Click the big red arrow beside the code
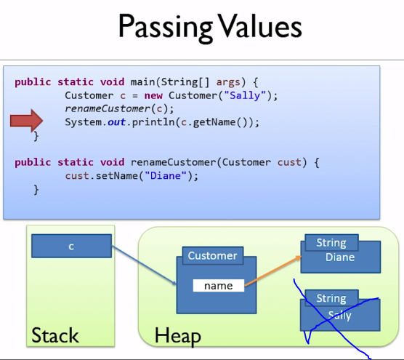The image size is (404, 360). (27, 121)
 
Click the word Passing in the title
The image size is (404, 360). (166, 27)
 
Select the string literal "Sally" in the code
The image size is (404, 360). (245, 96)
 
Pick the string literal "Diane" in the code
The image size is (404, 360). (166, 176)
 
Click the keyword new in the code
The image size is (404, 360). (153, 96)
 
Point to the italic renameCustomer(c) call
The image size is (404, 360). (119, 109)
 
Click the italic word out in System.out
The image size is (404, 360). (116, 122)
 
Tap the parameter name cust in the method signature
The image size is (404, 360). (289, 162)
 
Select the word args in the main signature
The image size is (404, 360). (228, 82)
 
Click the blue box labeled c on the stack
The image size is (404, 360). (72, 246)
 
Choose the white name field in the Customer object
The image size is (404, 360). (219, 286)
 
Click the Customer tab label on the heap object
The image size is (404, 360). (213, 256)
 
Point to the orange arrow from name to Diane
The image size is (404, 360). (273, 271)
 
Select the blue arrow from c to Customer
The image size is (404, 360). (144, 265)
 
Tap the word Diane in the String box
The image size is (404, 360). (340, 257)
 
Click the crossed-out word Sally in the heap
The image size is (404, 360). (340, 316)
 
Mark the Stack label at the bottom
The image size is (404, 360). (55, 335)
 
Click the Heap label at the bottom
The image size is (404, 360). (178, 336)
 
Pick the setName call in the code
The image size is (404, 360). (132, 176)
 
